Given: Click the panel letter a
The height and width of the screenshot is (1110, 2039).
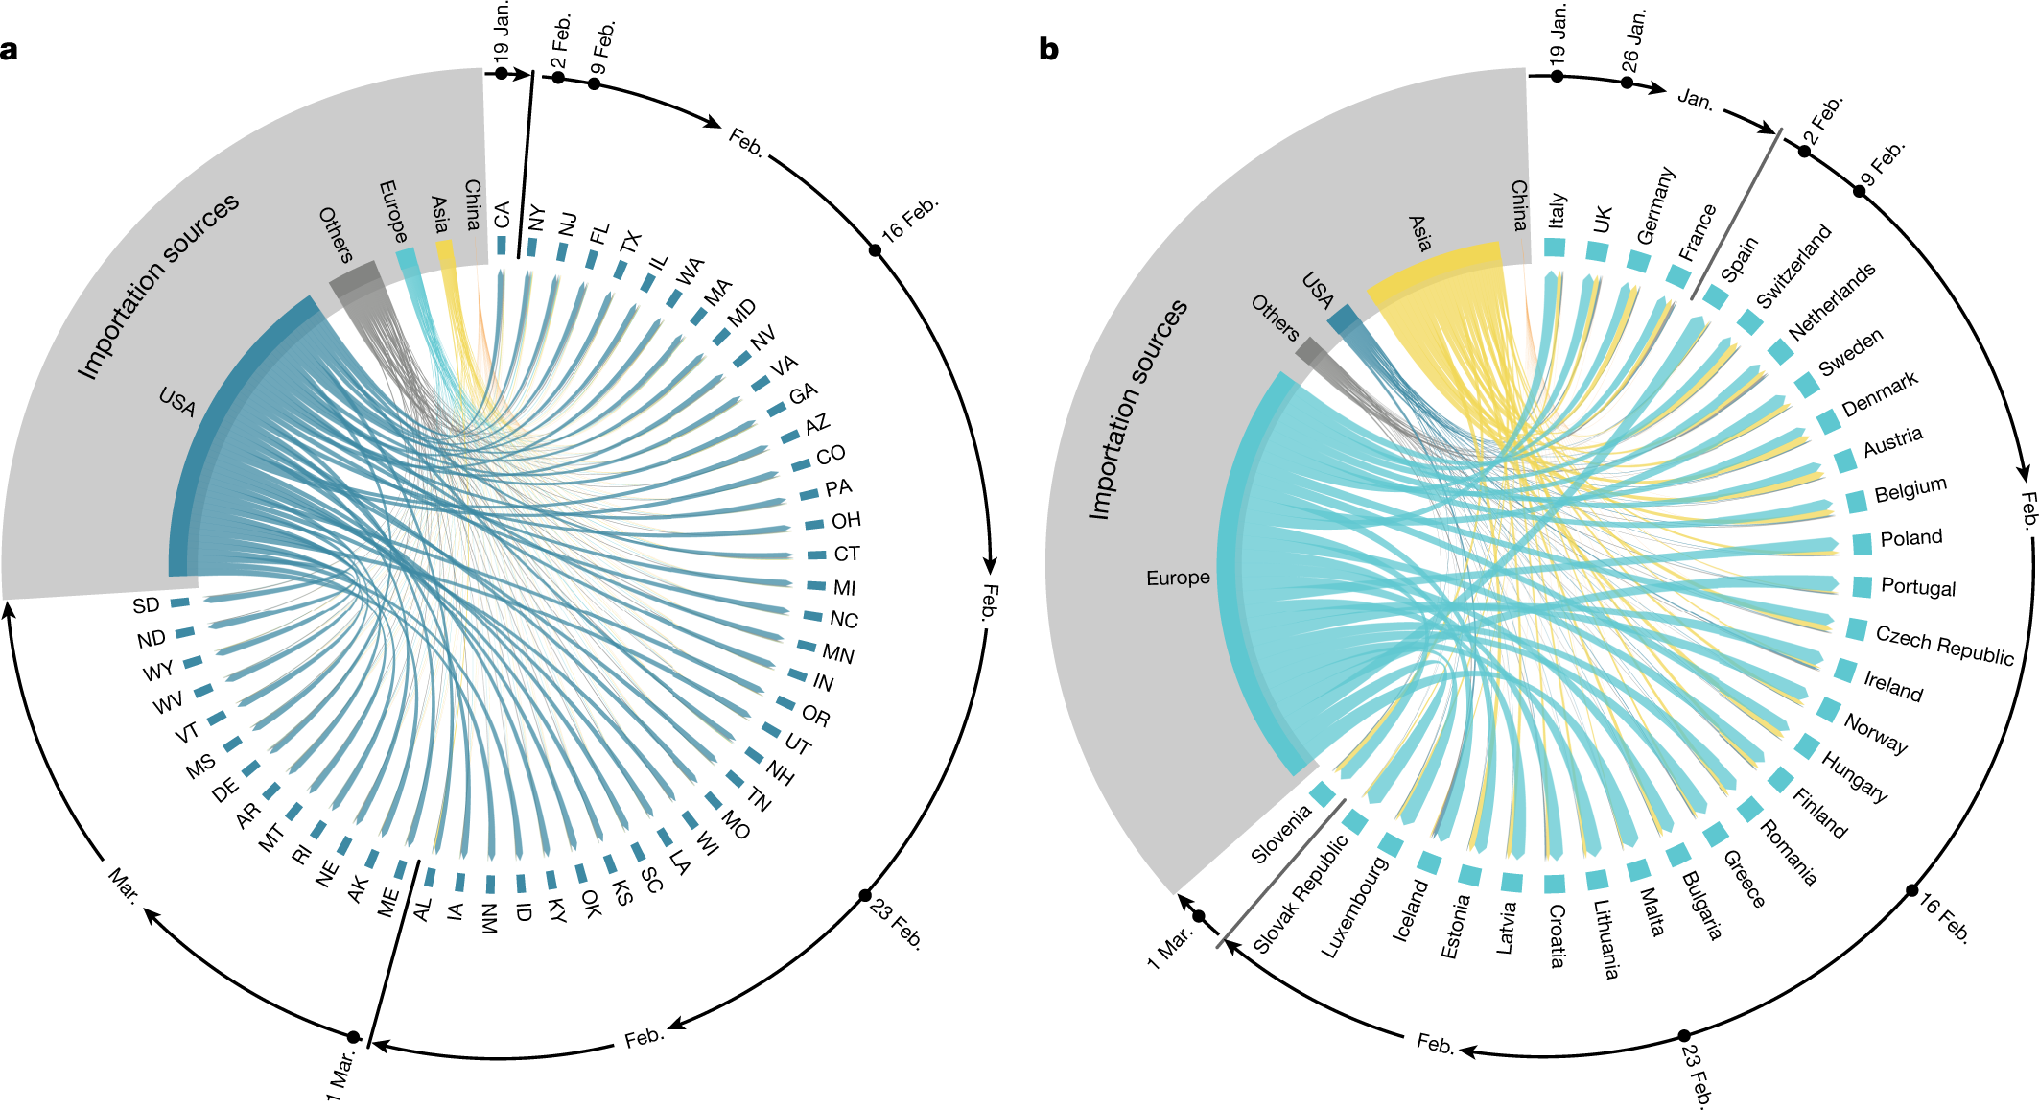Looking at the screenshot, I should (x=9, y=49).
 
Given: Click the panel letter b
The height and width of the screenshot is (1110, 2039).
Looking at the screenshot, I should (x=1048, y=49).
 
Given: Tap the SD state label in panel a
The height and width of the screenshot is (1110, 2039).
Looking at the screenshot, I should (x=146, y=605).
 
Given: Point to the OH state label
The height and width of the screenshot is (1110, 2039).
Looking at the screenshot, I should (x=846, y=521).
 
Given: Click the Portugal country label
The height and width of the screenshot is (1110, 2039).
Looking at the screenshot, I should (x=1917, y=587).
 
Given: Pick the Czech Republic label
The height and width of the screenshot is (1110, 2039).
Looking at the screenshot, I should (x=1944, y=645).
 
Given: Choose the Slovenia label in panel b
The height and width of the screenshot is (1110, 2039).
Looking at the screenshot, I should (x=1280, y=835).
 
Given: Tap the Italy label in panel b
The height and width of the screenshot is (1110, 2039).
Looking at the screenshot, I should (x=1557, y=210).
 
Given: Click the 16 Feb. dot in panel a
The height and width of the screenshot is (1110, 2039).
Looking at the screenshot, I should (x=875, y=250).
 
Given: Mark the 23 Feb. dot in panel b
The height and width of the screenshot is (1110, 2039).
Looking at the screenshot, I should (x=1684, y=1036).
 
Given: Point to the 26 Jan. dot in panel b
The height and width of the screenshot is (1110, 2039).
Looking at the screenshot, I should (x=1627, y=83).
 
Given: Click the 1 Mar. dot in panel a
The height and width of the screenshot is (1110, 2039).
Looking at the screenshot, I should (x=353, y=1037).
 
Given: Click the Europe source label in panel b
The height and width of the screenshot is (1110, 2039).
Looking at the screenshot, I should (x=1178, y=578).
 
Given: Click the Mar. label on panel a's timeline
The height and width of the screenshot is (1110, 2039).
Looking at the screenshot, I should (x=124, y=884).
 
